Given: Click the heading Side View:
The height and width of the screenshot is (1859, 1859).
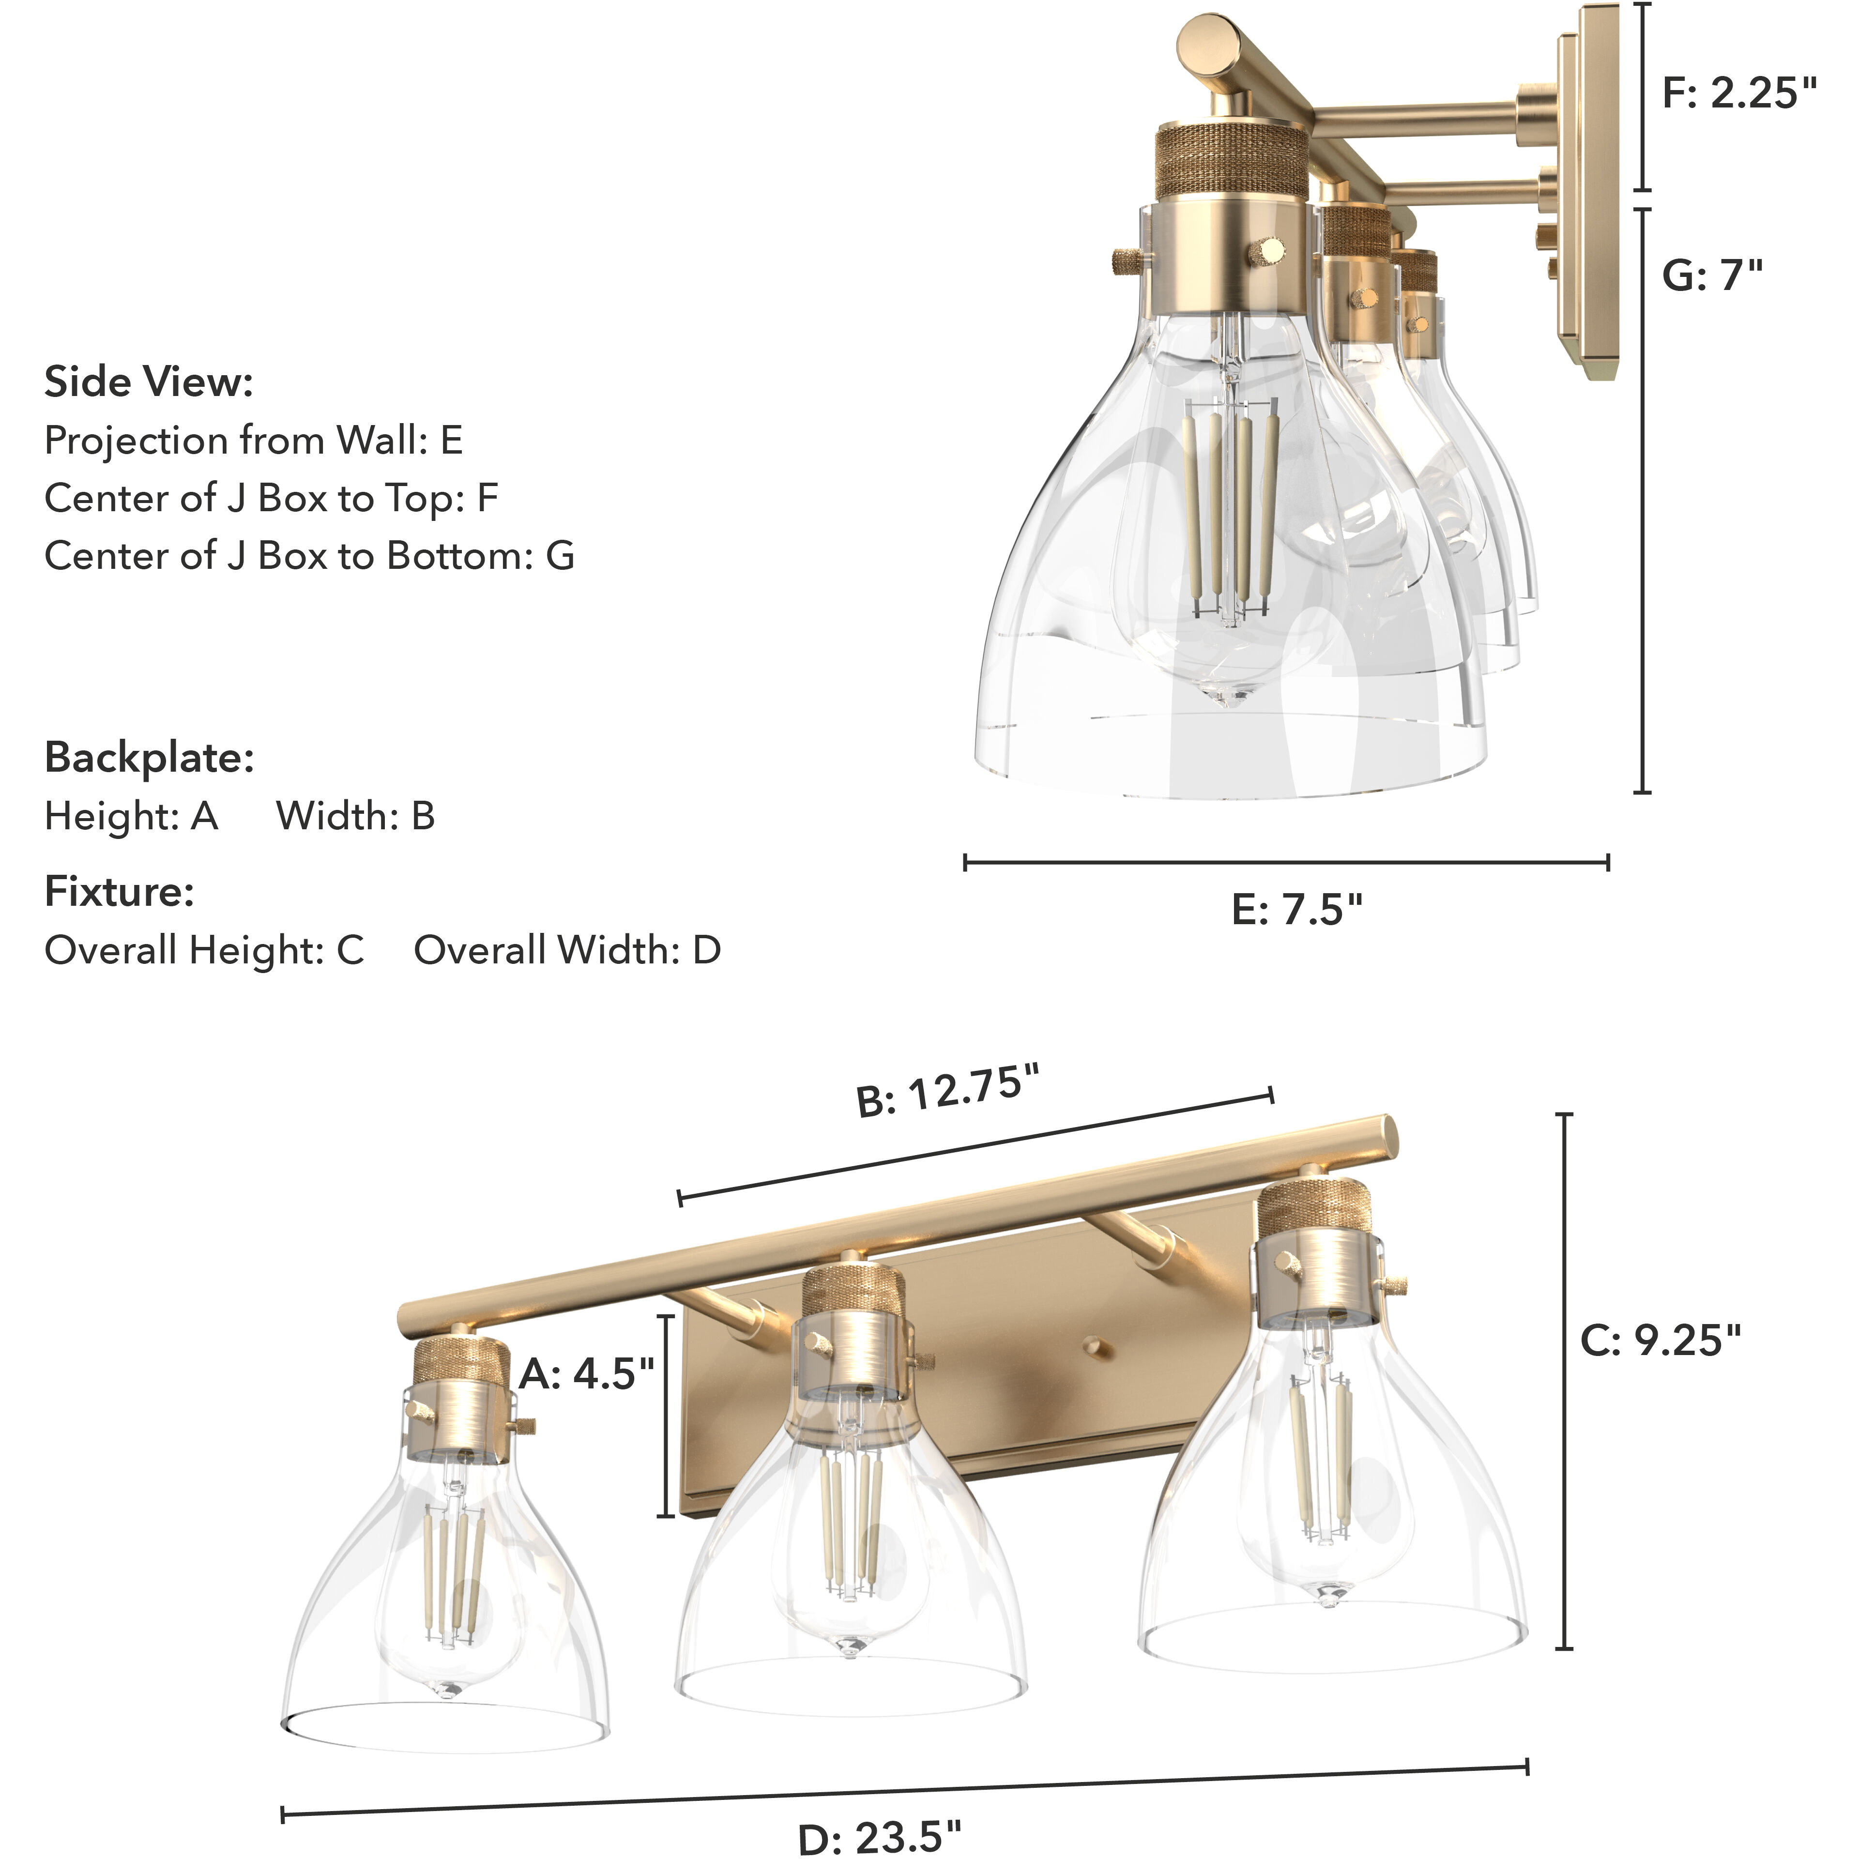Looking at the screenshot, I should tap(149, 382).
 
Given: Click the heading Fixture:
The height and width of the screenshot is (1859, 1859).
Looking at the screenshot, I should tap(119, 892).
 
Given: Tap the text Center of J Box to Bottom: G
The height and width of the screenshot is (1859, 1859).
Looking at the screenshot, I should tap(309, 556).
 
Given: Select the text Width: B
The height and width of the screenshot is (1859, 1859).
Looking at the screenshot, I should tap(355, 816).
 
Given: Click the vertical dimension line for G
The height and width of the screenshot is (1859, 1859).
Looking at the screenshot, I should tap(1643, 501).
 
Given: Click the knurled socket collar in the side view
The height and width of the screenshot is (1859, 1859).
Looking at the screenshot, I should tap(1231, 159).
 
